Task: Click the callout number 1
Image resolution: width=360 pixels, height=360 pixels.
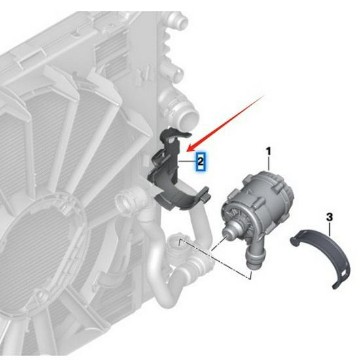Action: click(268, 152)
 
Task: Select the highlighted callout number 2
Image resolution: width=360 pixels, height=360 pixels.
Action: click(201, 160)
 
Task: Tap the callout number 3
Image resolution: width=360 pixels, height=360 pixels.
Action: click(329, 217)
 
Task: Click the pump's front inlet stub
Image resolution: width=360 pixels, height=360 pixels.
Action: click(230, 231)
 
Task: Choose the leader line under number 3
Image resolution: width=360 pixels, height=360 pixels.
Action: click(331, 227)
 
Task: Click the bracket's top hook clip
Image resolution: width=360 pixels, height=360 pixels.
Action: click(168, 134)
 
